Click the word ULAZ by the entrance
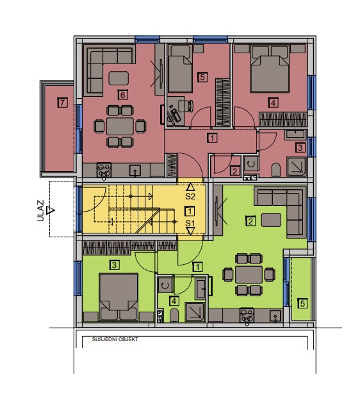(x=40, y=210)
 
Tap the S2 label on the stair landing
(x=190, y=196)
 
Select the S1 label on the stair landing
(x=190, y=223)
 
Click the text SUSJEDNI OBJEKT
(x=115, y=339)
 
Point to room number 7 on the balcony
(x=62, y=103)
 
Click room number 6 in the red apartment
(x=122, y=95)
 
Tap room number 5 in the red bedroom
(x=202, y=77)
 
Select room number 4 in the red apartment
(x=274, y=103)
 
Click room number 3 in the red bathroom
(x=300, y=147)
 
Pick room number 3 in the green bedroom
(x=115, y=265)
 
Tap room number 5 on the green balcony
(x=302, y=303)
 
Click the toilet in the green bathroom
(x=174, y=315)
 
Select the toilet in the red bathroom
(x=276, y=169)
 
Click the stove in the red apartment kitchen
(x=104, y=170)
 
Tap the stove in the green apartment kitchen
(x=247, y=315)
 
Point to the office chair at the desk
(x=186, y=105)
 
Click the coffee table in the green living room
(x=271, y=220)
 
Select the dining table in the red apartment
(x=120, y=126)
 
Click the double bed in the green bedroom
(x=119, y=298)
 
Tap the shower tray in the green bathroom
(x=195, y=312)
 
